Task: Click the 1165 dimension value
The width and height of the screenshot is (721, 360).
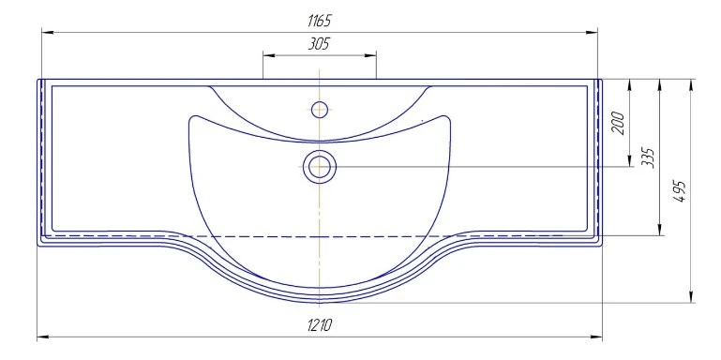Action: (319, 21)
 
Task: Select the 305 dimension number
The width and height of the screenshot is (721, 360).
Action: (319, 44)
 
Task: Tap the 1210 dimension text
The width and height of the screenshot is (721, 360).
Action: (319, 325)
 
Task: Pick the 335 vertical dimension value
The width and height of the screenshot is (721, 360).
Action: (650, 158)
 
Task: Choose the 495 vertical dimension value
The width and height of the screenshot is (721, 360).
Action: (681, 191)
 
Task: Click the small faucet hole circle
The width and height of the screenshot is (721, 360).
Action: (319, 110)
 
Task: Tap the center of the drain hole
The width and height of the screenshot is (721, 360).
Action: (319, 167)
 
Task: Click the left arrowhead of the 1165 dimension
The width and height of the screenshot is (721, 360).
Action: (48, 33)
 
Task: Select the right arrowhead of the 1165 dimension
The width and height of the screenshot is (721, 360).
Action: (592, 33)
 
